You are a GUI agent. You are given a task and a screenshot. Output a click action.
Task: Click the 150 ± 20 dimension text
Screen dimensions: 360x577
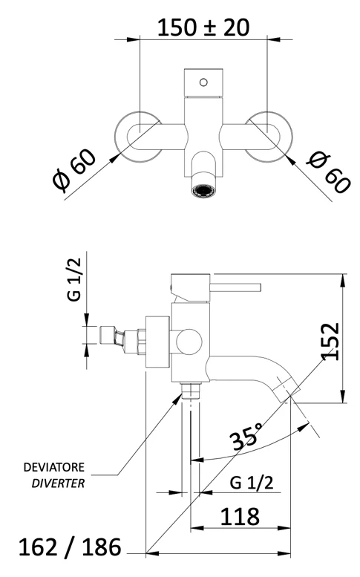pos(203,27)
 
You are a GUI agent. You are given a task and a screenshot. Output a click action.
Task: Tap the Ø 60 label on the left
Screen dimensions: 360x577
pos(75,170)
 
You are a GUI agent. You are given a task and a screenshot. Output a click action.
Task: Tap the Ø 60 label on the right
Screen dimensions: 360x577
pos(328,173)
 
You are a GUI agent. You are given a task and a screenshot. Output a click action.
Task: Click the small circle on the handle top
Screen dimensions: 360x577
pos(203,82)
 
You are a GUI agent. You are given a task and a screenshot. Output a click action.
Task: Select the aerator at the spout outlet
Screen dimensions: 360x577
pos(203,191)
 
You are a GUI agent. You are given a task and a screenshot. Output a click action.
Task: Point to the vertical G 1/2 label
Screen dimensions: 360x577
pos(74,279)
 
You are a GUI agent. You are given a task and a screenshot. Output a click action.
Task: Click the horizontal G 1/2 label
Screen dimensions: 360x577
pos(252,483)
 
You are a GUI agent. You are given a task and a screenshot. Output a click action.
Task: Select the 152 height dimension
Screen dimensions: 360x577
pos(330,342)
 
